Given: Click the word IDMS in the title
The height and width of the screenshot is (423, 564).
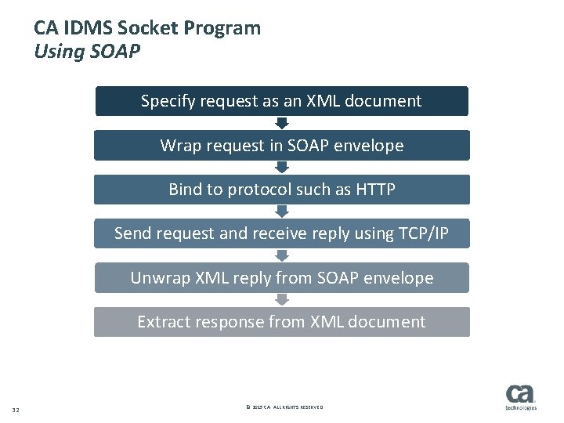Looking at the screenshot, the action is tap(82, 28).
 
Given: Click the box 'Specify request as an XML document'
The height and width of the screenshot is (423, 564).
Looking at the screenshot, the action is tap(281, 101).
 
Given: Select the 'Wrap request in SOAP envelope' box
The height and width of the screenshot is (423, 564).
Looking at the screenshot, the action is tap(281, 146).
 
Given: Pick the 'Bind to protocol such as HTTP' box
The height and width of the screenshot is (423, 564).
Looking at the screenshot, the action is tap(281, 190).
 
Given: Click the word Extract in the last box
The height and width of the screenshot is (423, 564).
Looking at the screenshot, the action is tap(163, 322).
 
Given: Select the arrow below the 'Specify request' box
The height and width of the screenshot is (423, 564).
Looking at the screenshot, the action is tap(282, 123).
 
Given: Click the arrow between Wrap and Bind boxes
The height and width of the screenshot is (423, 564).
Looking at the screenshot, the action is tap(282, 168).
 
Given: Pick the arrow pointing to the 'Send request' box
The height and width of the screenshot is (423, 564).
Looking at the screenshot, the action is tap(282, 211).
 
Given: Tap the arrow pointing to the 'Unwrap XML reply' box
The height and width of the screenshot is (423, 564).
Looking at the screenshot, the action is tap(282, 256).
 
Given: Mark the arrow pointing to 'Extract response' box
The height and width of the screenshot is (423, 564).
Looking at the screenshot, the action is tap(282, 300).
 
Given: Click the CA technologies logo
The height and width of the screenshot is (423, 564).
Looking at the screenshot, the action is tap(521, 397).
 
